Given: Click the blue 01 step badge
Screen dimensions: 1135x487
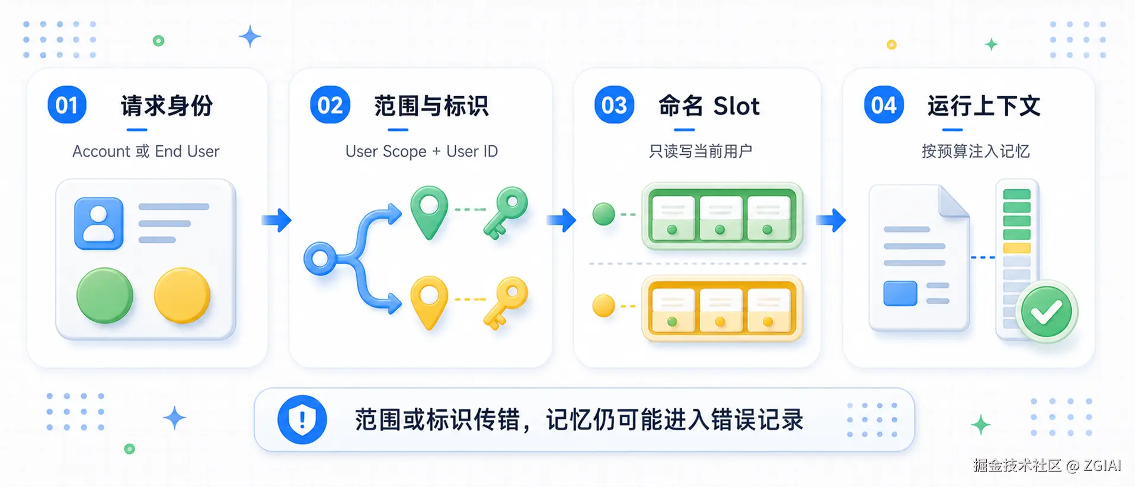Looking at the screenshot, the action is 67,105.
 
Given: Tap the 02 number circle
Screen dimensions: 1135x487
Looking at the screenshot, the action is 330,105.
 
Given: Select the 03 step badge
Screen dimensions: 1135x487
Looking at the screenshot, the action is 614,105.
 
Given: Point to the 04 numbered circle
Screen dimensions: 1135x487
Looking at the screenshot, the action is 884,105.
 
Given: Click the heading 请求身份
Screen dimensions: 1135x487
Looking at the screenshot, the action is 167,106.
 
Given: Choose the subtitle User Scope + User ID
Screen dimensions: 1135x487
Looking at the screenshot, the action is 421,151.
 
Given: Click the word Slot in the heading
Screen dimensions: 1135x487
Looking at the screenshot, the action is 736,106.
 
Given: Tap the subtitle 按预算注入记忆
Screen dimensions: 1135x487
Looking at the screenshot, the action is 976,151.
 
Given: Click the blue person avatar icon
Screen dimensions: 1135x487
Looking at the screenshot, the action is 99,224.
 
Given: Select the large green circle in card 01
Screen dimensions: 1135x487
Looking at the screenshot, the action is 105,295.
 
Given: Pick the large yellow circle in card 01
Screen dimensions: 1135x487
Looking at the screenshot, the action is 182,295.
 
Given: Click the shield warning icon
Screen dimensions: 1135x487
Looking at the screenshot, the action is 302,419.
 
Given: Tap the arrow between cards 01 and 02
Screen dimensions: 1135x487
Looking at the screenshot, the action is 277,220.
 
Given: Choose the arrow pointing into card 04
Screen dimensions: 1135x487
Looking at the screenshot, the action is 831,220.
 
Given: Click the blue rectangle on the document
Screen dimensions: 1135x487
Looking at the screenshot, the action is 900,294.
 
